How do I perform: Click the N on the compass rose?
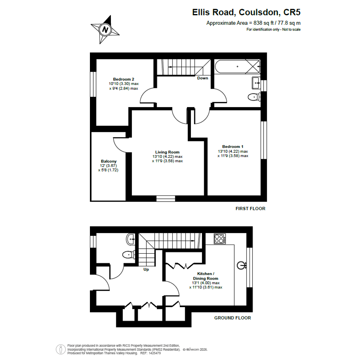pyautogui.click(x=106, y=30)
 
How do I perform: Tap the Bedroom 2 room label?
pyautogui.click(x=123, y=79)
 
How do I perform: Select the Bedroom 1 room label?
pyautogui.click(x=233, y=147)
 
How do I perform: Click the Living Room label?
pyautogui.click(x=167, y=152)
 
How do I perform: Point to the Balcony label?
pyautogui.click(x=109, y=161)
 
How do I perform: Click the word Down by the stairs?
pyautogui.click(x=203, y=78)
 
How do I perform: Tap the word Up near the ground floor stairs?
pyautogui.click(x=146, y=269)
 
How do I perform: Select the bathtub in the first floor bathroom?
pyautogui.click(x=237, y=67)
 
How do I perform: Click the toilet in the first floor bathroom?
pyautogui.click(x=254, y=97)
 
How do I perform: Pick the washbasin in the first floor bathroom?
pyautogui.click(x=256, y=83)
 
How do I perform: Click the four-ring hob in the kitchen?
pyautogui.click(x=220, y=238)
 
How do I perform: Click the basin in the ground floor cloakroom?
pyautogui.click(x=131, y=240)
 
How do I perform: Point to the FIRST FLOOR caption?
pyautogui.click(x=250, y=208)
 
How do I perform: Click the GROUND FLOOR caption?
pyautogui.click(x=233, y=318)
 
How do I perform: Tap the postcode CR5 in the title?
pyautogui.click(x=292, y=12)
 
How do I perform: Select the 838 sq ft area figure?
pyautogui.click(x=263, y=23)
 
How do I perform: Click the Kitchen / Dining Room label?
pyautogui.click(x=205, y=276)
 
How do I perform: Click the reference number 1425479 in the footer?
pyautogui.click(x=155, y=353)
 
